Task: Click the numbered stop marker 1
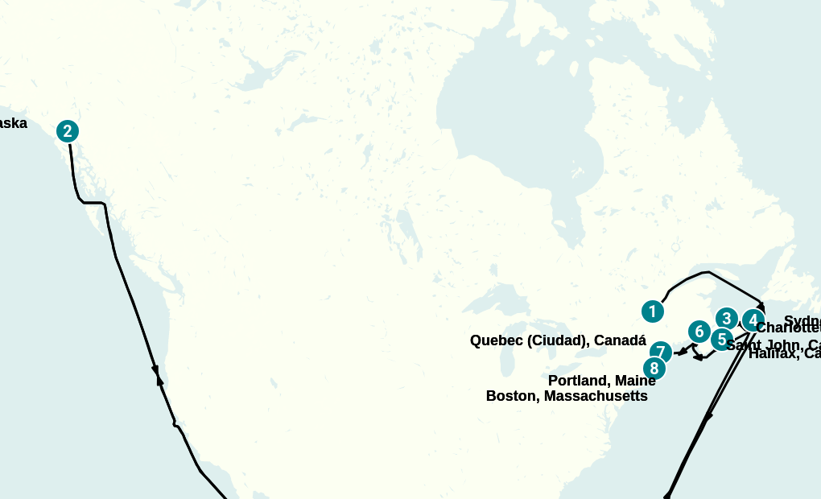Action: (x=653, y=311)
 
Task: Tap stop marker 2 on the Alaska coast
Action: (x=68, y=131)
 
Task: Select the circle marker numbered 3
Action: (x=727, y=318)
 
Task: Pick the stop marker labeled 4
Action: (x=753, y=320)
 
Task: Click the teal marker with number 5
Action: (x=721, y=339)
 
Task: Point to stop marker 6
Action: (x=699, y=331)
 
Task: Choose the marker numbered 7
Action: (x=661, y=352)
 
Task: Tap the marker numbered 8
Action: (x=654, y=369)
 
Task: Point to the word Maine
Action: (x=636, y=381)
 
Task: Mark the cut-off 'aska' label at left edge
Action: (x=13, y=123)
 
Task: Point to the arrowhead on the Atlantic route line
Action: (x=708, y=418)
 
